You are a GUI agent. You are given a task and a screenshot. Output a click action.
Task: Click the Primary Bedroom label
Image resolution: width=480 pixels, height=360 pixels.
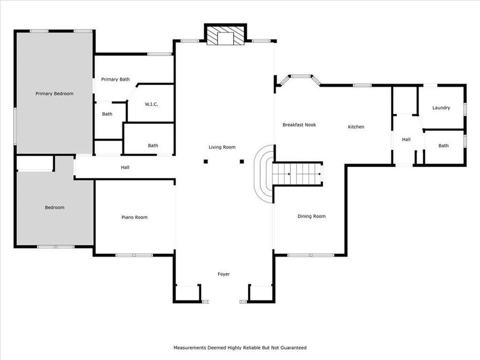click(x=54, y=93)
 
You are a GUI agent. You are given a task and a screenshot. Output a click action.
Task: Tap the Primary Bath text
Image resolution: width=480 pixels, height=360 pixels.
click(x=115, y=79)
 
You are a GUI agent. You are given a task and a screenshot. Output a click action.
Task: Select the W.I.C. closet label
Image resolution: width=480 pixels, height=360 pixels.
click(x=151, y=104)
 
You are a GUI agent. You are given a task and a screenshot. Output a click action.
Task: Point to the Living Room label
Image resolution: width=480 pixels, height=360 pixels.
click(x=222, y=147)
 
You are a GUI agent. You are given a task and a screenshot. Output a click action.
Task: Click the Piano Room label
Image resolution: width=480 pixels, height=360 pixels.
click(x=134, y=217)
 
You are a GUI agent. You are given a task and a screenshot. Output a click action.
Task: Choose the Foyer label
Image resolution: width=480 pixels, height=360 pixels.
click(x=223, y=274)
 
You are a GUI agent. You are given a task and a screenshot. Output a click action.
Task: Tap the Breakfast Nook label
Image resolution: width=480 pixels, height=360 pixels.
click(x=299, y=125)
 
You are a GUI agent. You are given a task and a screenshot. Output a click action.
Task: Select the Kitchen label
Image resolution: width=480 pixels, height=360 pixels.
click(x=356, y=127)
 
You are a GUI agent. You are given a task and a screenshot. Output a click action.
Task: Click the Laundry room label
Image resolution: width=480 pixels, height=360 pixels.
click(x=441, y=108)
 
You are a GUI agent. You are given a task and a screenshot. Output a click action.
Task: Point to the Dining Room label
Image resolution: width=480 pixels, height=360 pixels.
click(x=311, y=216)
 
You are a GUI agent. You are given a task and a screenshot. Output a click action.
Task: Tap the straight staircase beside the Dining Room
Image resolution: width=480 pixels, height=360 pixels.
click(x=298, y=173)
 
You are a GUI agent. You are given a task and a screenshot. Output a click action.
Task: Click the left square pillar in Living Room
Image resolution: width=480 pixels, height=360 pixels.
click(x=205, y=161)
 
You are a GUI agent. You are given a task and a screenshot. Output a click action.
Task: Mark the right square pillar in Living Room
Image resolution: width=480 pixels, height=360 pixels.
click(x=242, y=161)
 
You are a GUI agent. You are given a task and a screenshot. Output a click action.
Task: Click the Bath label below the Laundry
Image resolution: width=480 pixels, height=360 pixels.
click(x=444, y=146)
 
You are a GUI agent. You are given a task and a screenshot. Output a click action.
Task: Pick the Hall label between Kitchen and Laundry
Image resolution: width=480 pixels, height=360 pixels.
click(x=406, y=139)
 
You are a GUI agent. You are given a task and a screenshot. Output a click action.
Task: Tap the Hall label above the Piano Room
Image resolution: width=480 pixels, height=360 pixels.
click(x=125, y=167)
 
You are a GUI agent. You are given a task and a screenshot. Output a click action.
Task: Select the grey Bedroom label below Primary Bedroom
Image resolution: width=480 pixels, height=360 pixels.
click(x=54, y=207)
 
